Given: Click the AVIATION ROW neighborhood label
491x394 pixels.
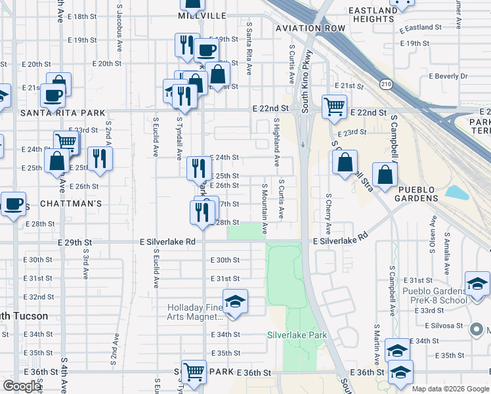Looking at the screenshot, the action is (x=310, y=28).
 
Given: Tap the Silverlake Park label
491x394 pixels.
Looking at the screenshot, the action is (x=297, y=335).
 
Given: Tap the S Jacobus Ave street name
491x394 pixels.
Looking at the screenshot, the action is (x=119, y=21).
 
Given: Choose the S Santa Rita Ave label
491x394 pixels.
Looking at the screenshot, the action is (x=249, y=46).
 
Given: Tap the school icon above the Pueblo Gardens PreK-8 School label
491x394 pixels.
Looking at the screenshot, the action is (x=477, y=284).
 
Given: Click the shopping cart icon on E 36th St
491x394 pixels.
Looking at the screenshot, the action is (x=194, y=372).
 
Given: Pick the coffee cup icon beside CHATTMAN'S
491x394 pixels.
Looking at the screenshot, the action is (x=13, y=204).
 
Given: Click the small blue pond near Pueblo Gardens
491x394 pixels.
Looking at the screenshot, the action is (x=456, y=192).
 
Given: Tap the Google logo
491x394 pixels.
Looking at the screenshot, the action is (x=22, y=385).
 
